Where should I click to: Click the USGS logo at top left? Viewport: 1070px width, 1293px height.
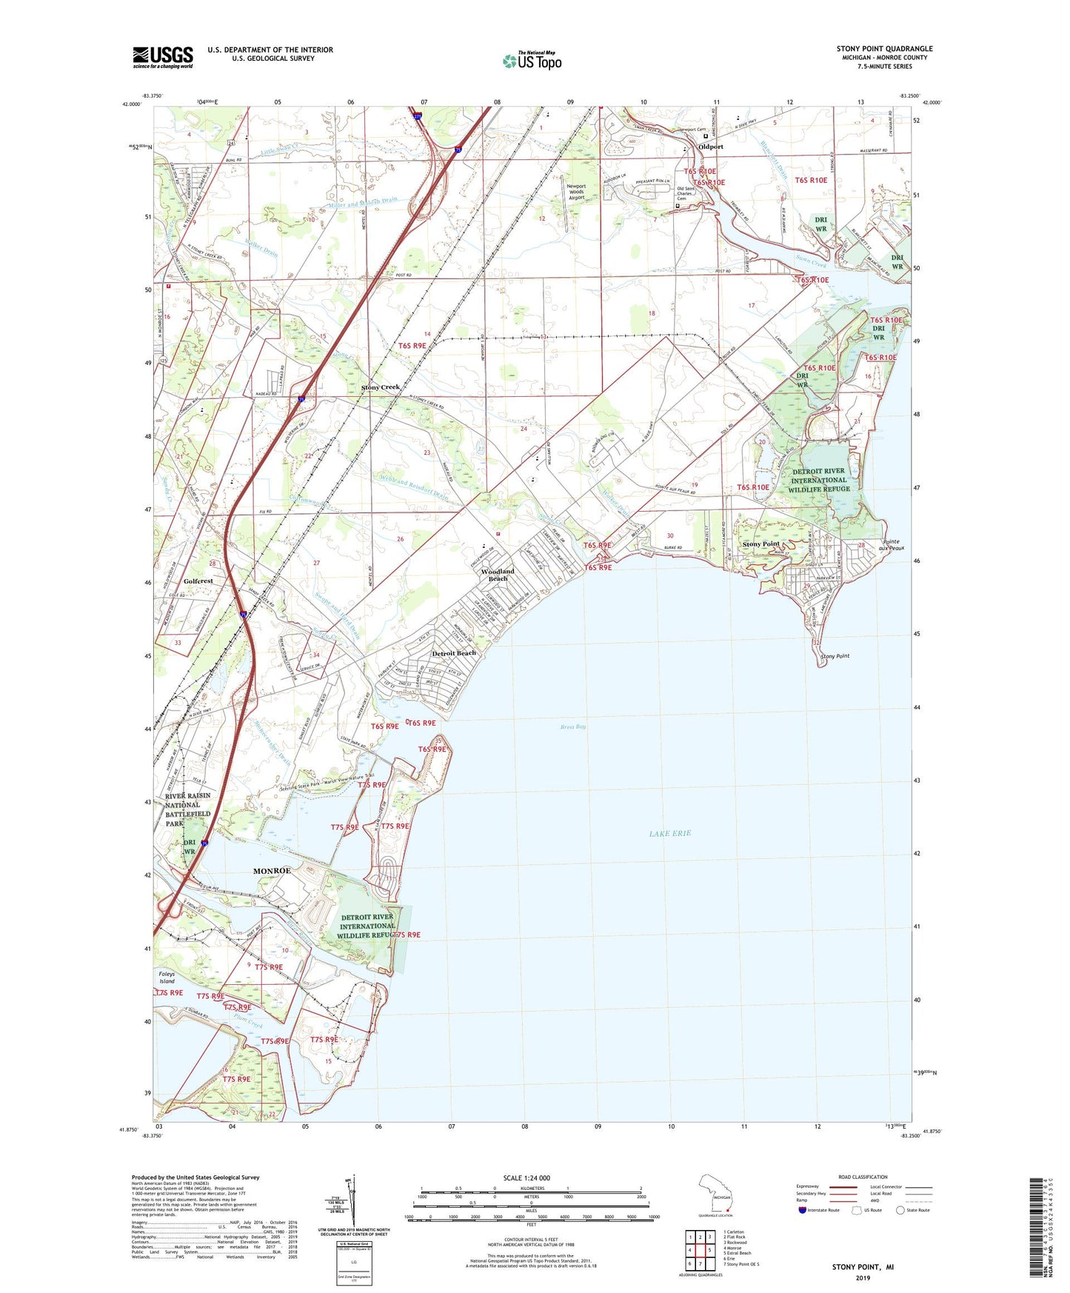point(162,57)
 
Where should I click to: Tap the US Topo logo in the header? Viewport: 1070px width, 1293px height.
point(532,60)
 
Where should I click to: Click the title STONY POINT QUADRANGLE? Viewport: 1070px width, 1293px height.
point(884,49)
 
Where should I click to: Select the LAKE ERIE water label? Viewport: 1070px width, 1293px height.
point(669,833)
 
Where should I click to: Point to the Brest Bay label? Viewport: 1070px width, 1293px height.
point(573,726)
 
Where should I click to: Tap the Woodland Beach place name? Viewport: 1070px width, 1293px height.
point(497,575)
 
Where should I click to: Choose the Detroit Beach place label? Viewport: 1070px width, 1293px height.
point(454,653)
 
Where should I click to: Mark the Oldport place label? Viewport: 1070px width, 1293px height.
point(711,147)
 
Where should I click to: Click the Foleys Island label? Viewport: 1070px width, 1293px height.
point(167,978)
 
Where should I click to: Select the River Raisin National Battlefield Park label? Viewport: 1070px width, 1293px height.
point(187,809)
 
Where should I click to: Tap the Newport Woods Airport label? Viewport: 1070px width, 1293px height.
point(576,192)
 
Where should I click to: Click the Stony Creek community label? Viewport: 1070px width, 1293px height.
point(380,387)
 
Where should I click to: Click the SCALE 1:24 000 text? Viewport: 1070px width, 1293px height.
point(526,1177)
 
